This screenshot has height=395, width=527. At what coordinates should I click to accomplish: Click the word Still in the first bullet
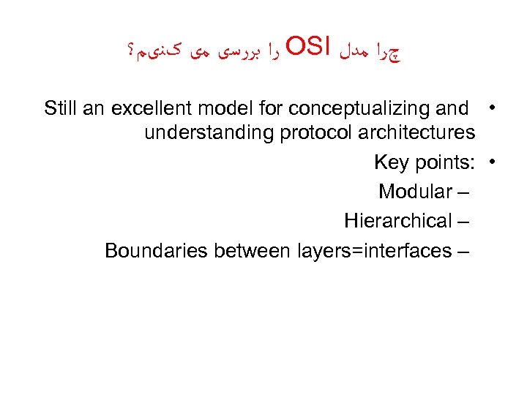(x=60, y=109)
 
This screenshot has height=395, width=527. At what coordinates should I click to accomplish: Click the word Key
(x=391, y=162)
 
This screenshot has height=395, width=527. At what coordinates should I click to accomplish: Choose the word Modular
(x=415, y=192)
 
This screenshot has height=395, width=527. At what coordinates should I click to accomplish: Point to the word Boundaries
(x=156, y=251)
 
